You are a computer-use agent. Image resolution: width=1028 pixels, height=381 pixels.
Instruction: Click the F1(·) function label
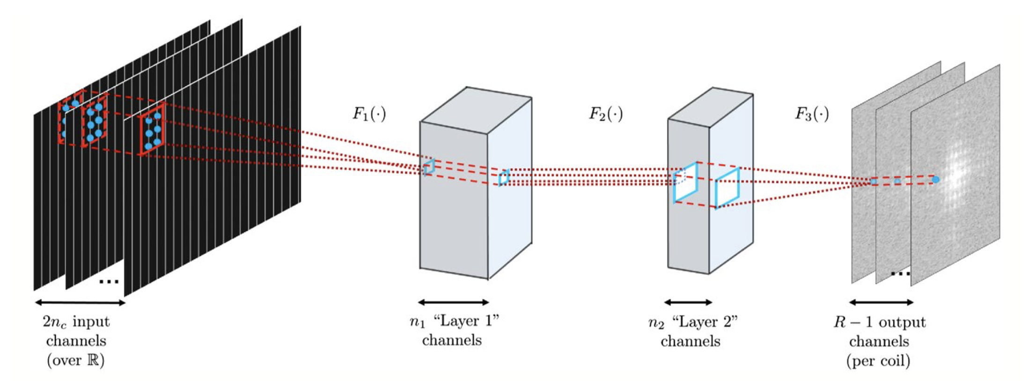pos(369,114)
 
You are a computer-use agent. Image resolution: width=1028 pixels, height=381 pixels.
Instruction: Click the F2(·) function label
pos(606,114)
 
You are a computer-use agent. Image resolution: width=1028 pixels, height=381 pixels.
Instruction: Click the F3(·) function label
pos(812,114)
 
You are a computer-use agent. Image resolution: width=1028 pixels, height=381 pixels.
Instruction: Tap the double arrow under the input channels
pos(80,302)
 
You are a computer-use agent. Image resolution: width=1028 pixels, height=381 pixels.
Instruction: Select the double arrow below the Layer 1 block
pos(453,302)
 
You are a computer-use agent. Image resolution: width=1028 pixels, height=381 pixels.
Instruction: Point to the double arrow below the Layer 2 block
pos(688,302)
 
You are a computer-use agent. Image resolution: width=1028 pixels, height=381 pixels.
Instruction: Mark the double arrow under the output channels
pos(881,302)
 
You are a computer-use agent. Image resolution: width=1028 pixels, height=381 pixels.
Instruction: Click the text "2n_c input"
pos(76,322)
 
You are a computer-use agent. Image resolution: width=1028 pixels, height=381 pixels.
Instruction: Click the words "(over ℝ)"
pos(76,360)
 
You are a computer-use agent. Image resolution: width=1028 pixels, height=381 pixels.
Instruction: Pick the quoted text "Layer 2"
pos(705,322)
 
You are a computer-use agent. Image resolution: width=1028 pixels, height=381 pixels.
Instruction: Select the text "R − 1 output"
pos(879,322)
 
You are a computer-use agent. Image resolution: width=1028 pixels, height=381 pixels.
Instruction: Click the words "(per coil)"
pos(878,360)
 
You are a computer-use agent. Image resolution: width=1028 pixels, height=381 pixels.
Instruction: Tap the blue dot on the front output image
pos(935,179)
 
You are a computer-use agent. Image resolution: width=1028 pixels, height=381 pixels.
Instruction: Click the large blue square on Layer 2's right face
pos(727,187)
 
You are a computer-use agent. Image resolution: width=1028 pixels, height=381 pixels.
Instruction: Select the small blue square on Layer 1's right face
pos(504,178)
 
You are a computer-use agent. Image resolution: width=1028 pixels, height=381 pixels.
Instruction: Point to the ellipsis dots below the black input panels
pos(109,282)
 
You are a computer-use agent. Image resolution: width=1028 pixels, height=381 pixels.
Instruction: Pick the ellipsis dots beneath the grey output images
pos(900,273)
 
